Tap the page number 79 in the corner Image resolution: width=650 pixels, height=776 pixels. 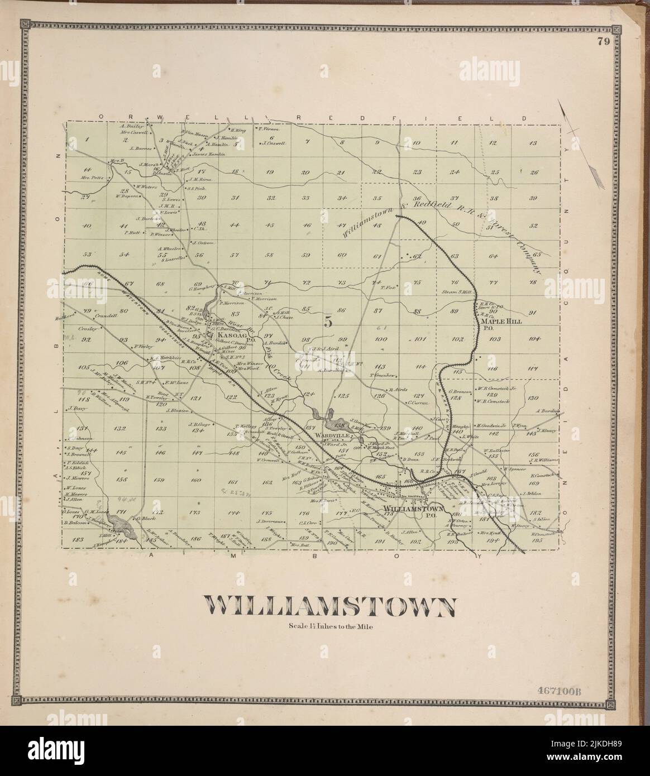point(603,41)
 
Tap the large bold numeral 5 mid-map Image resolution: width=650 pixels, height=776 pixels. point(328,322)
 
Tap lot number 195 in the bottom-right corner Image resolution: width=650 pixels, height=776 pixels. point(537,540)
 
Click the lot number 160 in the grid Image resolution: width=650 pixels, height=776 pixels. point(196,480)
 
